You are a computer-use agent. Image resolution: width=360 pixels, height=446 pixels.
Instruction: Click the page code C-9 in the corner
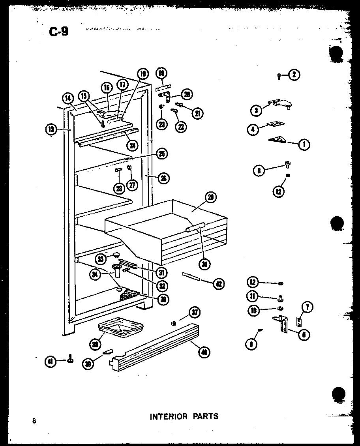58,31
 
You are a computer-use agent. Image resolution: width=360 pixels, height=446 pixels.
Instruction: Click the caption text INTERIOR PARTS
184,416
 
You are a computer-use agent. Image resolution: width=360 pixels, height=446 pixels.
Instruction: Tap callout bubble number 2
294,75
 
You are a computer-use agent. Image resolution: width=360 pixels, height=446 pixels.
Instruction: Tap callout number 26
163,178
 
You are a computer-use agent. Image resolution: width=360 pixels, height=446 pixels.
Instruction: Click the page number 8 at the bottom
35,421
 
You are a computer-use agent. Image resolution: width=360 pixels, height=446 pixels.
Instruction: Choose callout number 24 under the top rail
132,145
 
